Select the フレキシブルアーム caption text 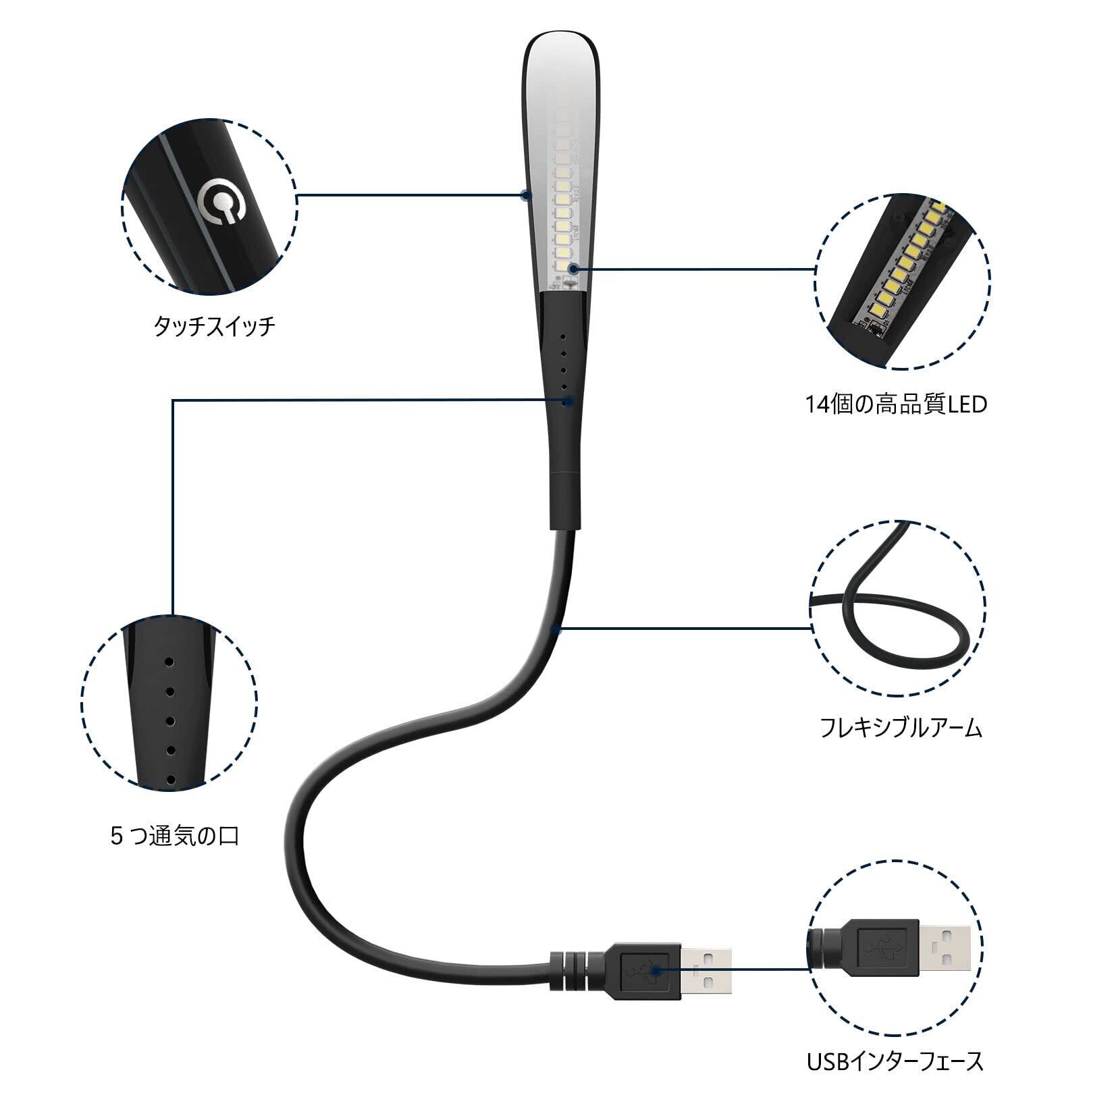(x=901, y=728)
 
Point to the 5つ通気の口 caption (x=174, y=837)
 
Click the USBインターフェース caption (x=895, y=1062)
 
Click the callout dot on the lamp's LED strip (x=573, y=269)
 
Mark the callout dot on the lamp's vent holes (x=569, y=401)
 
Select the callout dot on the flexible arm (x=555, y=630)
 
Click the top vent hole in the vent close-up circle (x=169, y=661)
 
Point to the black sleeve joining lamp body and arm (x=566, y=500)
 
